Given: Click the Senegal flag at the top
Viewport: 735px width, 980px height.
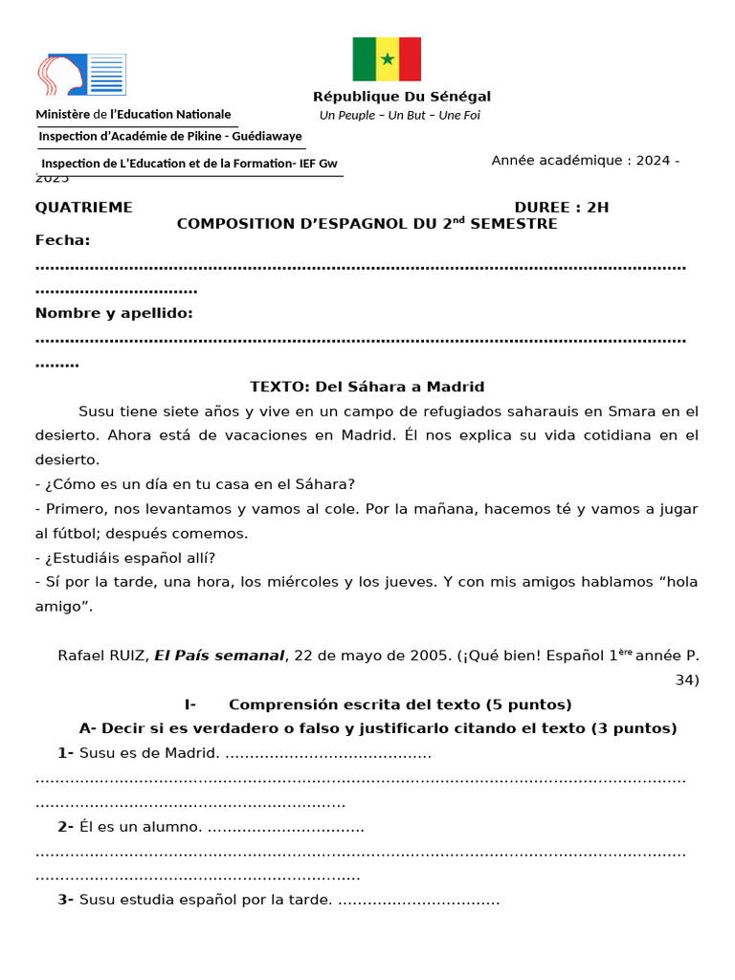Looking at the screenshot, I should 387,59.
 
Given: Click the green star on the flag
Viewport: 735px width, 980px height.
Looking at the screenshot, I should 387,59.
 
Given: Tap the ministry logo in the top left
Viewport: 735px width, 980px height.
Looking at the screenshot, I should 81,75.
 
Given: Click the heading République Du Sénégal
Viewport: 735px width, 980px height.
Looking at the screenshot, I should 402,97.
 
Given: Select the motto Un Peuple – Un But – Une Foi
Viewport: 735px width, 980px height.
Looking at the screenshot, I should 399,116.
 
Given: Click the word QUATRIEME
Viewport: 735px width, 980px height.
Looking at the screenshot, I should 84,208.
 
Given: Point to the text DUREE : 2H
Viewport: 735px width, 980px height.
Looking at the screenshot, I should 561,208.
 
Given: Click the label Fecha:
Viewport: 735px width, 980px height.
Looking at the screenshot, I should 63,240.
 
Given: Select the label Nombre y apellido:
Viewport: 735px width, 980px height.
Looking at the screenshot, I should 114,313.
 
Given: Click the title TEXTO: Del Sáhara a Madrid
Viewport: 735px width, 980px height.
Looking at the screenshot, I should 367,387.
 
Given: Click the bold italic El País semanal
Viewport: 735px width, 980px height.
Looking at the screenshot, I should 219,656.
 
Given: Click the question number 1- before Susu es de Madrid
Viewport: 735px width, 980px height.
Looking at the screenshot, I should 65,753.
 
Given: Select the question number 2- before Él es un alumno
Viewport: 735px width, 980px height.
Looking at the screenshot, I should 65,827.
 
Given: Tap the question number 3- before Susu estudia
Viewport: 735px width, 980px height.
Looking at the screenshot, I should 65,900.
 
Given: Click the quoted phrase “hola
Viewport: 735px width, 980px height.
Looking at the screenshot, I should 678,582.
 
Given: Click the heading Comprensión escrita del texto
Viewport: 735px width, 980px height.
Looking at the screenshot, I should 400,704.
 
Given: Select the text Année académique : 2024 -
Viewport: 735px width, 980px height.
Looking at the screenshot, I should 585,160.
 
